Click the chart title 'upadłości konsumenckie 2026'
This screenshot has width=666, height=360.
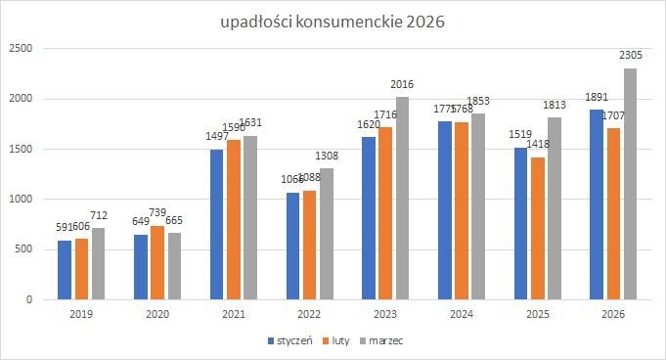click(333, 22)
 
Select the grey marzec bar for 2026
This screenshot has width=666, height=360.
click(630, 184)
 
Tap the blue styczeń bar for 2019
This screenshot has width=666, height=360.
click(65, 270)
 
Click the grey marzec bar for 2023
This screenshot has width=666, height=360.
click(402, 199)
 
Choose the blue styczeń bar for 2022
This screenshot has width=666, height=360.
click(293, 247)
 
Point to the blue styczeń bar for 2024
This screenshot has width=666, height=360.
click(445, 210)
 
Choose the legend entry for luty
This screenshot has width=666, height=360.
click(337, 340)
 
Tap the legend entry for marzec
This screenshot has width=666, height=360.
click(382, 340)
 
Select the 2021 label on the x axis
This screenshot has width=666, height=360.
click(235, 314)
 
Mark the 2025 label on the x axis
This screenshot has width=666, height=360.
click(538, 314)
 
